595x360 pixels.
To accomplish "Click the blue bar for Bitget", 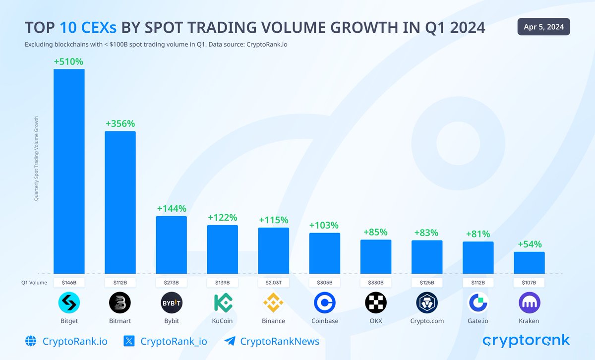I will [69, 171].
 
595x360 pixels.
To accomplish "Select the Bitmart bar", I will [120, 202].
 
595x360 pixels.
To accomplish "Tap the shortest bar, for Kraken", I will [529, 263].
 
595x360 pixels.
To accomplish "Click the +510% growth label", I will [69, 61].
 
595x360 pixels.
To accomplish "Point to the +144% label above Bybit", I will [171, 209].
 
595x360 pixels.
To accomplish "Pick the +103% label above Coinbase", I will [324, 225].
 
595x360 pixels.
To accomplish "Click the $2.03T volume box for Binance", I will [273, 283].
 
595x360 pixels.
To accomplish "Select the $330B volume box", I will [375, 283].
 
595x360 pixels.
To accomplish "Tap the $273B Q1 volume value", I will [171, 283].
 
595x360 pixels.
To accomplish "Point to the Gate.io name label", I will [478, 321].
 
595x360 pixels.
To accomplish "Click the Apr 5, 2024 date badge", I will [543, 27].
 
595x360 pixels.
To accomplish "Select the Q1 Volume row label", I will [34, 283].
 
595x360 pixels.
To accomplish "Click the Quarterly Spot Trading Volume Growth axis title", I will [36, 159].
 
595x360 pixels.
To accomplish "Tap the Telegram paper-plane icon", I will [230, 341].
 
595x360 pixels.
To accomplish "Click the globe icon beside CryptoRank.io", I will [31, 341].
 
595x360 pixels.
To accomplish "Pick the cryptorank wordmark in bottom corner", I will [526, 341].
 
